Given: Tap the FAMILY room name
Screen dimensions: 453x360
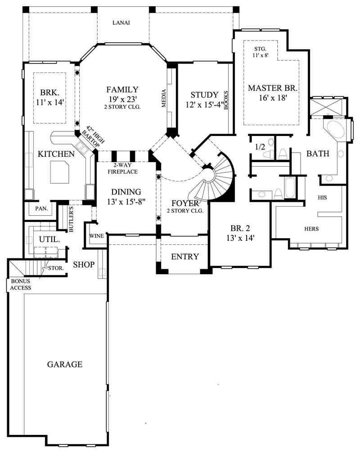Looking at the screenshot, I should pos(122,89).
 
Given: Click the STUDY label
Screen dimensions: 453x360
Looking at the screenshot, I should pos(204,95).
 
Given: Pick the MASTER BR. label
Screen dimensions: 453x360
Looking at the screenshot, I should pos(273,87).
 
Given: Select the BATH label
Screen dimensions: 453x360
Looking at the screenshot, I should pos(318,154).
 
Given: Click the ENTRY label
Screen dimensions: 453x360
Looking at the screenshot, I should pos(185,257).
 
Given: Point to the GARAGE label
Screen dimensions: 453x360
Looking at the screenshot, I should pos(65,364).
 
